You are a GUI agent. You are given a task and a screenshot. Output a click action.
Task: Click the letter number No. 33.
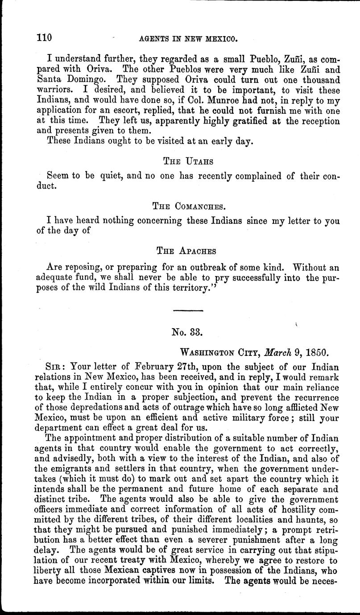[x=187, y=332]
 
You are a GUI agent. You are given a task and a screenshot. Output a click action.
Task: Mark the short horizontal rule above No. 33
[x=187, y=311]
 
